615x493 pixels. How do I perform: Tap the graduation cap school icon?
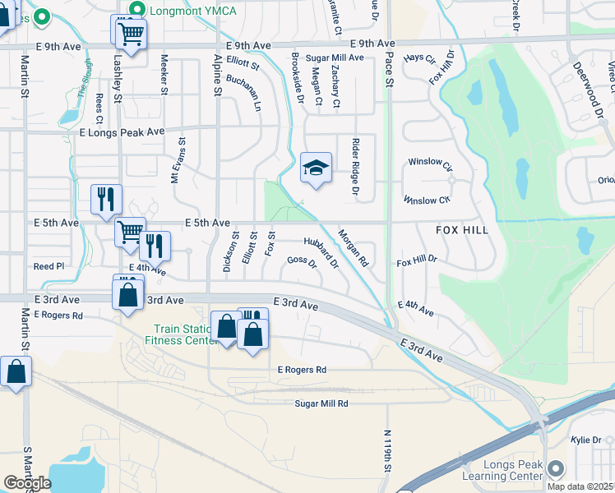pos(316,168)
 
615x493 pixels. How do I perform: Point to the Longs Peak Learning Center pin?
pos(555,469)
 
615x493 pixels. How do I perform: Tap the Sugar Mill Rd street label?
pos(321,403)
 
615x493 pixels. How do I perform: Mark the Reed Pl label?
pos(49,266)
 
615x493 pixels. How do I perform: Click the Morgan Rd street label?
pos(354,247)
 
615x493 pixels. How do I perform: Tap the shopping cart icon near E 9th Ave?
pos(128,32)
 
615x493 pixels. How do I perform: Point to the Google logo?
pos(27,483)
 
